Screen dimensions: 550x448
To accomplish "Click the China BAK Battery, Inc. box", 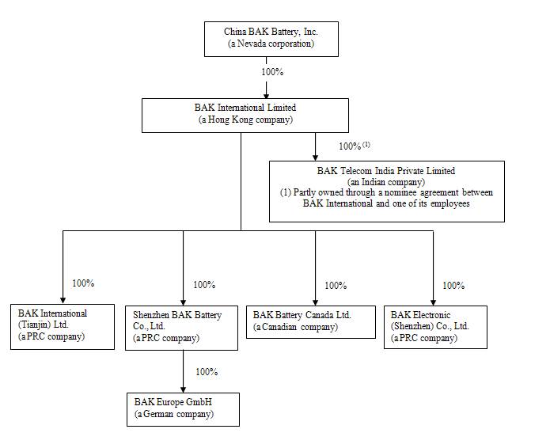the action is tap(271, 39).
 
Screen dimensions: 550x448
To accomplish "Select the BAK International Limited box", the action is tap(245, 116).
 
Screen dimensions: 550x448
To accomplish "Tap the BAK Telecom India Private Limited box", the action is tap(386, 192).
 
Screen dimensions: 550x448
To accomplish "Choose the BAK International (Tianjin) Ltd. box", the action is tap(63, 327).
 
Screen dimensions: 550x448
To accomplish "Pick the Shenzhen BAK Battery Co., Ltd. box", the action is tap(181, 328).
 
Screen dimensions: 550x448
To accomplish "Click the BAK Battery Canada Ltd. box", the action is tap(311, 322).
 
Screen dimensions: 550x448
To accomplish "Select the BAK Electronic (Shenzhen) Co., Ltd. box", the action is tap(435, 328).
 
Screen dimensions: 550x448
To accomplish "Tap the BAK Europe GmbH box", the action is tap(183, 409).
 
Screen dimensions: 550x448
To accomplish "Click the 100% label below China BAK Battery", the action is tap(272, 72).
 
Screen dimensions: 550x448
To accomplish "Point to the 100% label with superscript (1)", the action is tap(355, 146).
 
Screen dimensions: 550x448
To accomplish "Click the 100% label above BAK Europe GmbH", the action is tap(207, 372).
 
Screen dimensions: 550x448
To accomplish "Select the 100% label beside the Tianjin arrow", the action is tap(83, 283).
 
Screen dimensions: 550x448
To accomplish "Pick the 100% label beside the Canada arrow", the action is tap(336, 286).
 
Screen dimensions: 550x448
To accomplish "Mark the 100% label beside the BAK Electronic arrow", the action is tap(453, 286).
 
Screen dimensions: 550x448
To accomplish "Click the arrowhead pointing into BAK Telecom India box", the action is tap(315, 158).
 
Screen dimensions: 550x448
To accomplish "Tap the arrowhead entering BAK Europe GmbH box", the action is tap(183, 389).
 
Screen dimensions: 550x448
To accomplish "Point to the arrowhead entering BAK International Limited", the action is tap(266, 96).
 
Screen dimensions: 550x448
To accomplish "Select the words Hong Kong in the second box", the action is tap(230, 120).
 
